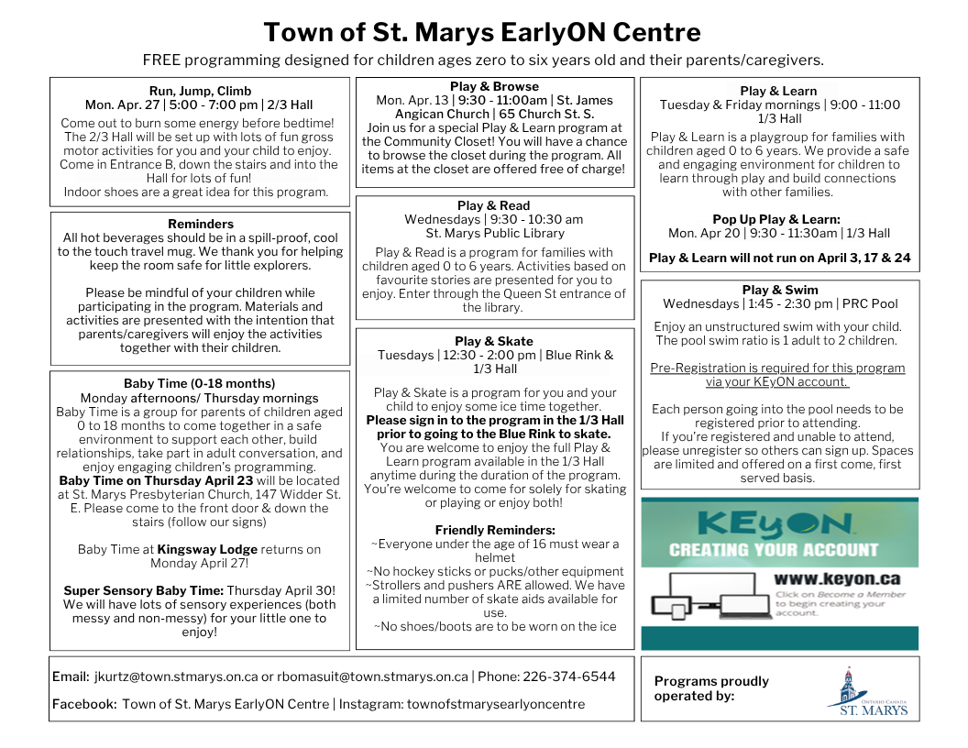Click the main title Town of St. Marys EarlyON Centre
tap(483, 33)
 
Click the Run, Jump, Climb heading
tap(199, 91)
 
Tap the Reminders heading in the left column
tap(201, 224)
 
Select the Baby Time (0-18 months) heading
tap(199, 383)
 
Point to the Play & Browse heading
tap(494, 87)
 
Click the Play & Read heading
tap(494, 206)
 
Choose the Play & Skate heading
tap(494, 341)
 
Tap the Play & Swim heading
tap(779, 290)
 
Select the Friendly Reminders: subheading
tap(494, 530)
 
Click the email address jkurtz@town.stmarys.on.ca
tap(175, 677)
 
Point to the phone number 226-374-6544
tap(568, 677)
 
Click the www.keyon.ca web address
tap(836, 579)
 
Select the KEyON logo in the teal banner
tap(775, 523)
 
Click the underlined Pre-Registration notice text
tap(777, 375)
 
